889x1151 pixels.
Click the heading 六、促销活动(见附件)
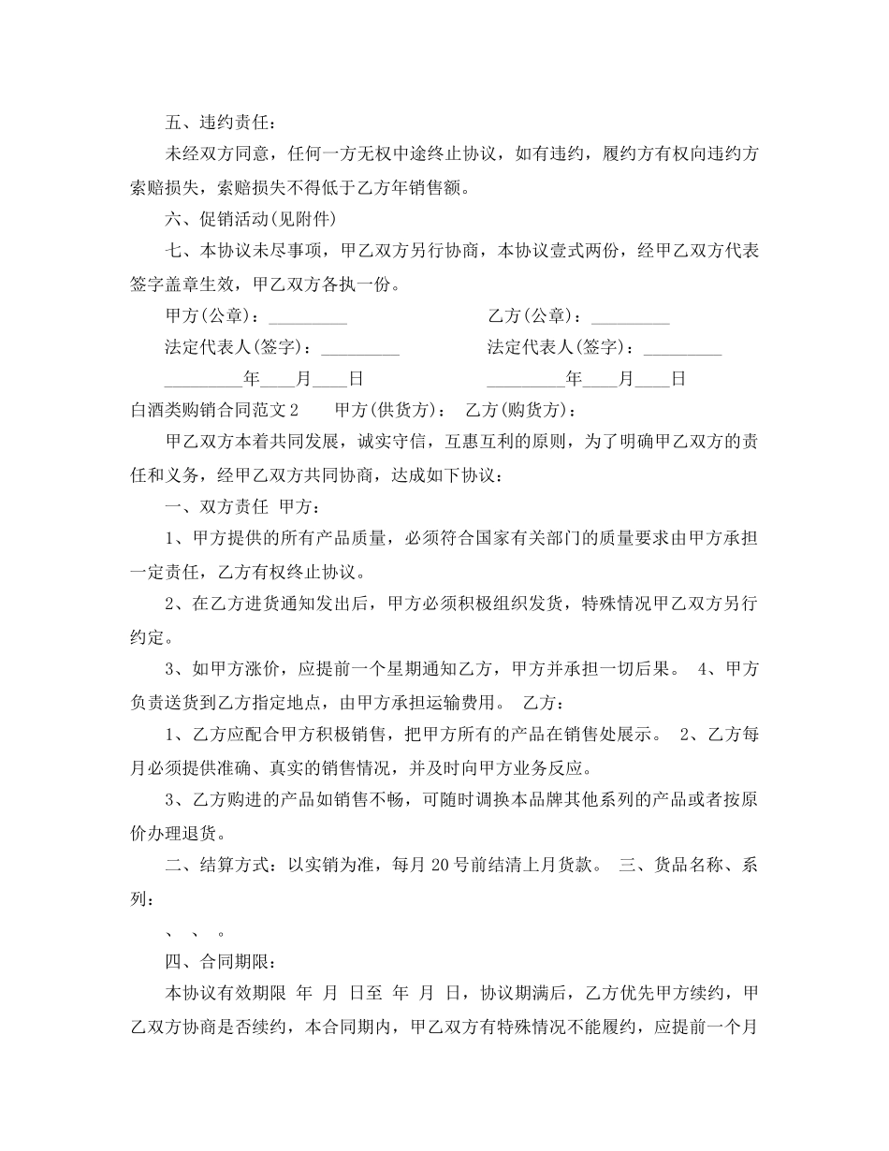tap(250, 220)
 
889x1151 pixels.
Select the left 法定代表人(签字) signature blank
tap(360, 348)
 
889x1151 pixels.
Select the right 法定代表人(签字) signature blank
tap(683, 348)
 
